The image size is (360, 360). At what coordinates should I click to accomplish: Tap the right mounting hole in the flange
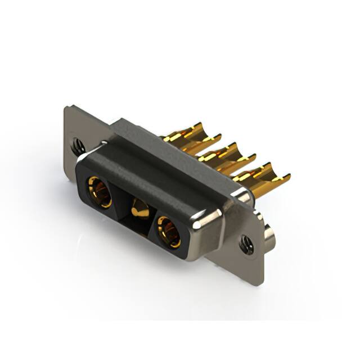(x=245, y=243)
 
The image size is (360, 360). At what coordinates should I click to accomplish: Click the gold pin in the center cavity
(x=138, y=212)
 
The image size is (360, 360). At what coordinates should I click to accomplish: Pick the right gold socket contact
(x=168, y=231)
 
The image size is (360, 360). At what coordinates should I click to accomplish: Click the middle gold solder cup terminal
(x=225, y=150)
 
